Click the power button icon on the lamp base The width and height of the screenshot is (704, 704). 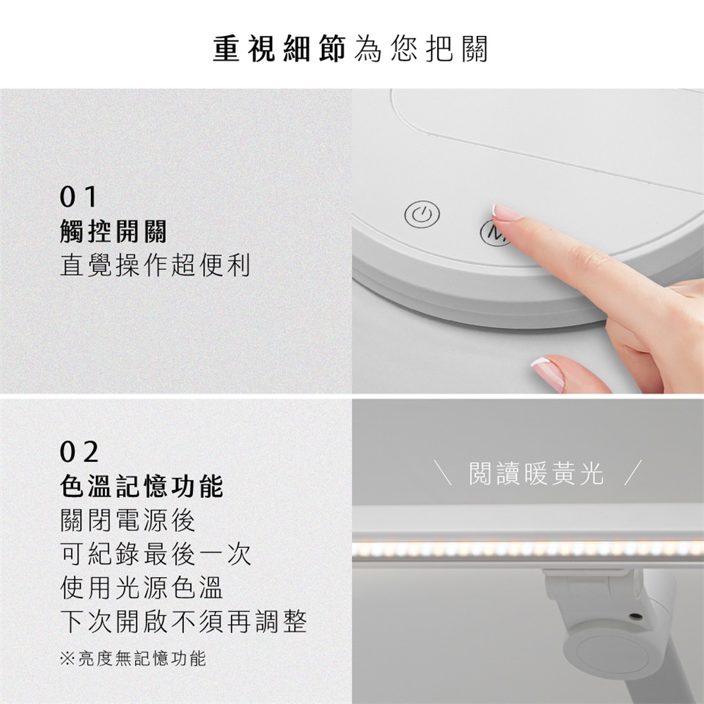coord(422,215)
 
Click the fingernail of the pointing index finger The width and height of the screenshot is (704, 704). coord(507,212)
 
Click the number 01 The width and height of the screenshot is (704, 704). coord(78,197)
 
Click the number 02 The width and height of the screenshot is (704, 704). coord(79,452)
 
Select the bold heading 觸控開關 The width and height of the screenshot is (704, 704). coord(113,232)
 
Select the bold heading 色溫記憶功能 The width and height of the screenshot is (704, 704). coord(142,486)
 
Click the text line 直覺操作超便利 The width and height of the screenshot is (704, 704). coord(155,265)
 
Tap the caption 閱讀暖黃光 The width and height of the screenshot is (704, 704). coord(537,473)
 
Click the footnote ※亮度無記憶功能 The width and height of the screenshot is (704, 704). coord(133,659)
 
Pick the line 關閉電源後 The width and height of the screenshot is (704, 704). coord(128,520)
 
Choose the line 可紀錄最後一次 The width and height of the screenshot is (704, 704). coord(155,554)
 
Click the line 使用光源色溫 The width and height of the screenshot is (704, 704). coord(142,587)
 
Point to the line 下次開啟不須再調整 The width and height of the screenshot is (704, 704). coord(183,621)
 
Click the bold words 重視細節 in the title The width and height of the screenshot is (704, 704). coord(279,48)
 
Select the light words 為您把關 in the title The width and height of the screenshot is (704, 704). coord(421,48)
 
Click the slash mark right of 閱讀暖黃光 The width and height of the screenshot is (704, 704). coord(633,472)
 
